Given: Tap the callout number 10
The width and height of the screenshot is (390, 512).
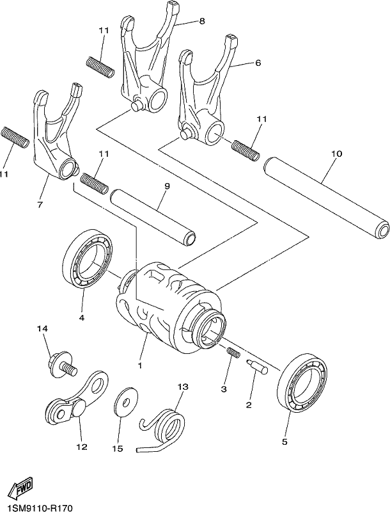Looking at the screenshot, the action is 337,153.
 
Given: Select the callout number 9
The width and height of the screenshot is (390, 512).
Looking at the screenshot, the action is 168,186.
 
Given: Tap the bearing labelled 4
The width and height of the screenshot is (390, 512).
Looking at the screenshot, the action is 88,259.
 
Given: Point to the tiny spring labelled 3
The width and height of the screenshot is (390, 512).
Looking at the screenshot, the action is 233,353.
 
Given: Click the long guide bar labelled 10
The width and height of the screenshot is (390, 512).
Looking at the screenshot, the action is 326,198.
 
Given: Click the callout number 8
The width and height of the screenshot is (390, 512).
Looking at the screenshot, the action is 202,21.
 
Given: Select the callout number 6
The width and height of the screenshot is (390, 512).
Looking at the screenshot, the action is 258,62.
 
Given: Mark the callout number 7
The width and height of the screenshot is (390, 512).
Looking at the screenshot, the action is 40,205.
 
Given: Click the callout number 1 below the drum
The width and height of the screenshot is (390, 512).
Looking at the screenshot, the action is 140,365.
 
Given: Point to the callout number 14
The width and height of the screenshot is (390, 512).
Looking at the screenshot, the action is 42,328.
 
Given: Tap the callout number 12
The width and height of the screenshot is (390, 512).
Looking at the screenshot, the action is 82,447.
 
